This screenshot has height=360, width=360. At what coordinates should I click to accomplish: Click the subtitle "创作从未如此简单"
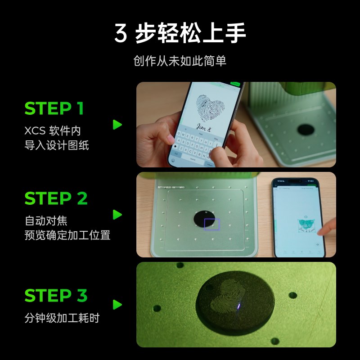tap(180, 61)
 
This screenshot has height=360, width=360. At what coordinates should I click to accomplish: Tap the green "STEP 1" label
tap(54, 109)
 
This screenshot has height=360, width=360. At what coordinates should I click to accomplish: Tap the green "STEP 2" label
tap(56, 198)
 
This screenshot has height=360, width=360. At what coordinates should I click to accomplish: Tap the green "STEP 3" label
tap(56, 296)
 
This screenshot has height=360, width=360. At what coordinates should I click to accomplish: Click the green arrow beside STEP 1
tap(117, 125)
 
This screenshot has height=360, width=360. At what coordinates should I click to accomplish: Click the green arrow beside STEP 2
tap(117, 215)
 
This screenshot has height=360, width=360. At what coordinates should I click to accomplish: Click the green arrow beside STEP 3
tap(117, 305)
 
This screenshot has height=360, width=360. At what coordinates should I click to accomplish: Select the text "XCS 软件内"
tap(53, 131)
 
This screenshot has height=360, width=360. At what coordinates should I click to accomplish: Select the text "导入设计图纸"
tap(57, 145)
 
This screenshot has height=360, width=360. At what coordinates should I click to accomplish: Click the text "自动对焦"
tap(46, 221)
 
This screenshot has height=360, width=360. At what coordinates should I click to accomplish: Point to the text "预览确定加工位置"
tap(67, 235)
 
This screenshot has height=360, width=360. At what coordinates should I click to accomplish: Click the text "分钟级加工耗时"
tap(62, 318)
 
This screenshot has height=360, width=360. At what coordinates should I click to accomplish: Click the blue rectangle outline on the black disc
tap(211, 224)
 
